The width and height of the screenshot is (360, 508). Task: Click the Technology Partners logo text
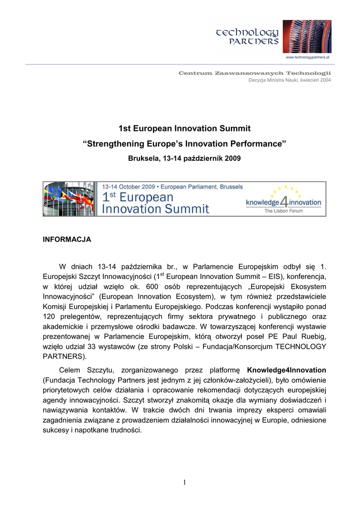coord(248,36)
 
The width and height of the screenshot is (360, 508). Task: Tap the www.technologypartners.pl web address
coord(308,58)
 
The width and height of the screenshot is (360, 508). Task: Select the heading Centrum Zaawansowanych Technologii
coord(255,73)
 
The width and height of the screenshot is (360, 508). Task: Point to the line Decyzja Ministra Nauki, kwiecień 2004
coord(289,80)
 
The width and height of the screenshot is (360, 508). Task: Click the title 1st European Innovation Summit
coord(184,129)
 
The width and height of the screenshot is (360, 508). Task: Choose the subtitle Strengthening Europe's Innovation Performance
coord(184,144)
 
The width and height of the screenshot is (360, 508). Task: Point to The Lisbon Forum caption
coord(284,211)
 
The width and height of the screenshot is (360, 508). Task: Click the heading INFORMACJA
coord(67,239)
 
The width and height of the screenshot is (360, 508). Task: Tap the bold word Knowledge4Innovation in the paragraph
coord(287,370)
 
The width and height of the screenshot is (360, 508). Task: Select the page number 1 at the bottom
coord(184,482)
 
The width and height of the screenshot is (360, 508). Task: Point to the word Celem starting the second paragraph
coord(71,370)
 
